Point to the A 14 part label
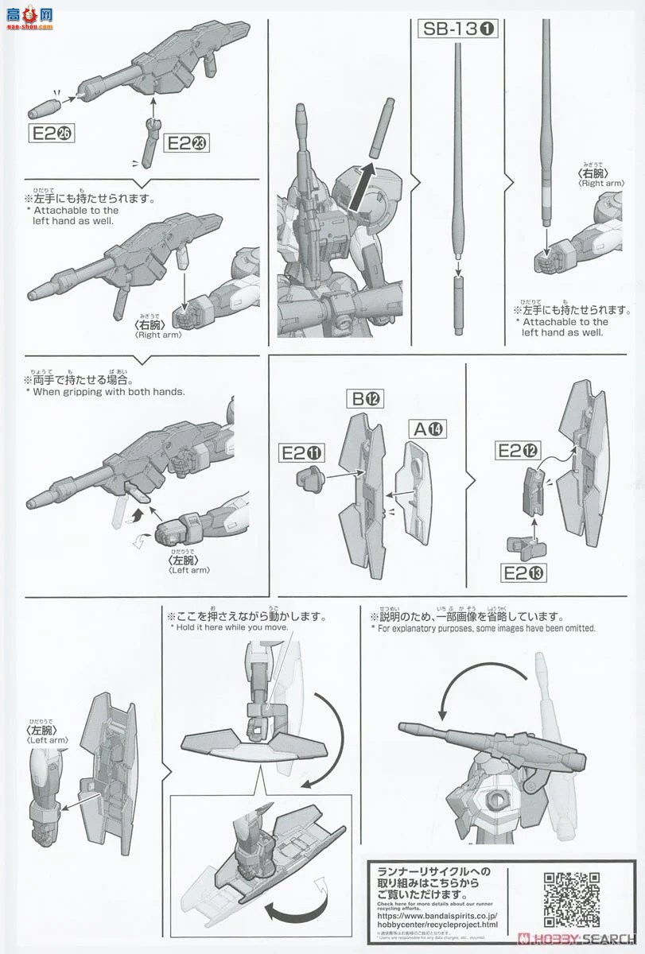427,429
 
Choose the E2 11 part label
303,453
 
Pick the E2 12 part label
517,451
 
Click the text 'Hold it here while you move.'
238,627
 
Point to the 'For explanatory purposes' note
483,628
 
